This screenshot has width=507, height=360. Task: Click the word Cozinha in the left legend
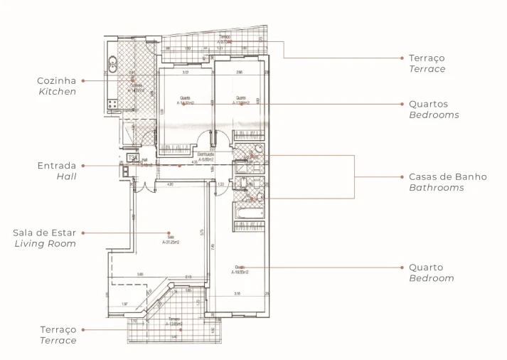point(56,81)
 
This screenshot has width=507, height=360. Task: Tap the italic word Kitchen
point(57,92)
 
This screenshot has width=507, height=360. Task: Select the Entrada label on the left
point(56,166)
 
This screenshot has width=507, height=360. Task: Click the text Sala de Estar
point(44,233)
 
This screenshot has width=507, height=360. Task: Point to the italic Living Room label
point(45,243)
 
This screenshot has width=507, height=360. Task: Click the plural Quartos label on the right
point(428,104)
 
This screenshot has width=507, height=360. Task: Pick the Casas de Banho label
point(448,176)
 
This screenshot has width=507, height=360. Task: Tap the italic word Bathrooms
point(436,188)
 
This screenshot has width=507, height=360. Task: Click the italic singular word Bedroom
point(431,278)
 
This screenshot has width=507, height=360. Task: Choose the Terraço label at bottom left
point(58,330)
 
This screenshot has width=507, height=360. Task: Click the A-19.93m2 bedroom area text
point(240,270)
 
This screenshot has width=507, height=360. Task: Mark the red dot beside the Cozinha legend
point(83,81)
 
